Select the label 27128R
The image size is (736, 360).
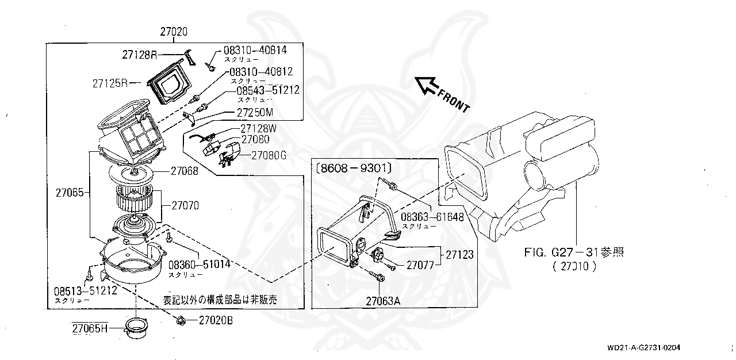coord(139,55)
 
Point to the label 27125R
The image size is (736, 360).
coord(110,83)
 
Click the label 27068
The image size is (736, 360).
coord(184,170)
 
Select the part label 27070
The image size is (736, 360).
coord(184,205)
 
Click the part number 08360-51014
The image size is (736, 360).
coord(200,264)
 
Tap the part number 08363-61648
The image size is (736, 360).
coord(432,217)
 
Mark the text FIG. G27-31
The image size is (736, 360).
coord(561,252)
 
